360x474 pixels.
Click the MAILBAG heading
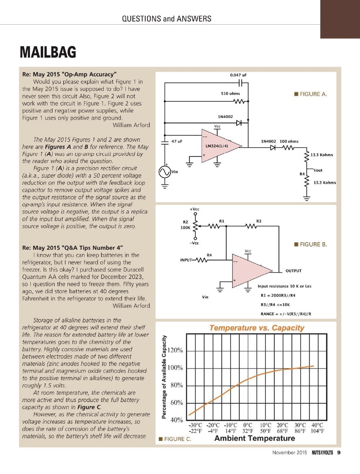[48, 52]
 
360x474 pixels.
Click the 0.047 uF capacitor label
[238, 75]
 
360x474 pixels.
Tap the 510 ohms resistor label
[230, 94]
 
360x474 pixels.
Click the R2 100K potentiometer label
[185, 225]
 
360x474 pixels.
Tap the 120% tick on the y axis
[176, 351]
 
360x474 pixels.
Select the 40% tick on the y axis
[176, 420]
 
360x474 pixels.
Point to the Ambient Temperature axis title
[254, 438]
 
